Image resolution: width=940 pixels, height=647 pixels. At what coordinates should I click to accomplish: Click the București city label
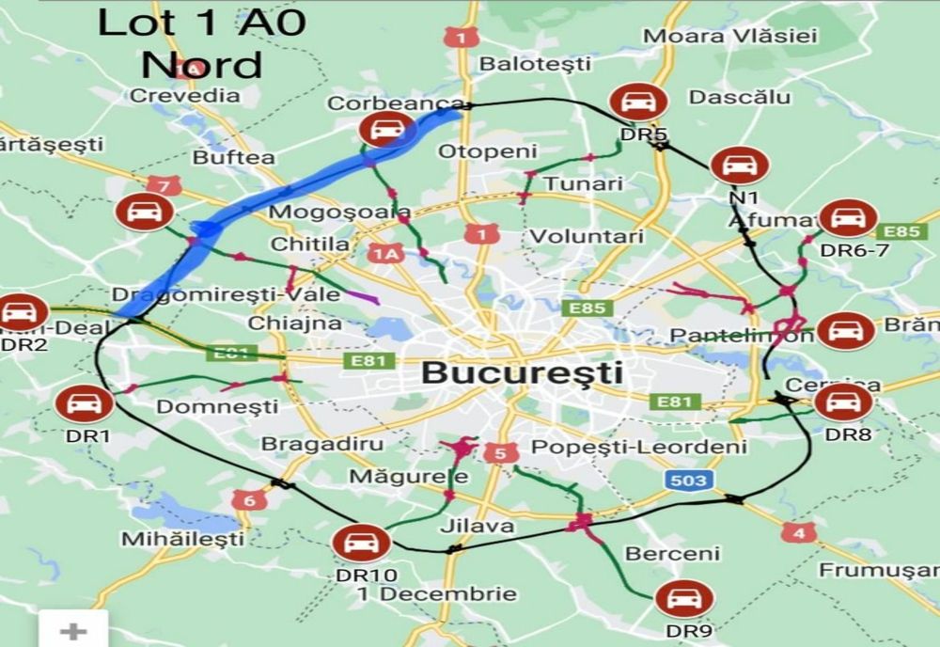coord(522,372)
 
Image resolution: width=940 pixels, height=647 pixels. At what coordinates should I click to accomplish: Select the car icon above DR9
coord(677,599)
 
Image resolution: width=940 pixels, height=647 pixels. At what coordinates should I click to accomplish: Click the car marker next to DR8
coord(842,402)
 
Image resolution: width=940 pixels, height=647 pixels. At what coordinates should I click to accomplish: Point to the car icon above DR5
coord(638,102)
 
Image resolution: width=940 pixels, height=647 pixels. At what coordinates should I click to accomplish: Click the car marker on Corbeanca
coord(386,128)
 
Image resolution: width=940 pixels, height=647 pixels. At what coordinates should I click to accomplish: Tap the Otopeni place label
coord(494,151)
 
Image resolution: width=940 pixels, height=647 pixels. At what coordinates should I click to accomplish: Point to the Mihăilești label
coord(182,539)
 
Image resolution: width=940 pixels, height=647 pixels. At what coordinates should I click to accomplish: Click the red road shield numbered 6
coord(249,500)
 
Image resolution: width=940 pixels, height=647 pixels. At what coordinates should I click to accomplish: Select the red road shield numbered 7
coord(163,186)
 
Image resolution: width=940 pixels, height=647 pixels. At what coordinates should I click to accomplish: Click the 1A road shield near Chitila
coord(385,253)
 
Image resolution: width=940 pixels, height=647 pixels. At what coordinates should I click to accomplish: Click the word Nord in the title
coord(201,65)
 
